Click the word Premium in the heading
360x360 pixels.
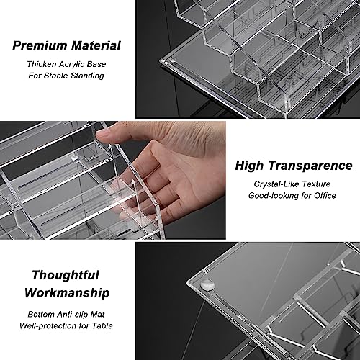[x=40, y=46]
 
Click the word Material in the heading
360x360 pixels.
[x=96, y=45]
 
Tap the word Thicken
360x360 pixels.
[x=42, y=64]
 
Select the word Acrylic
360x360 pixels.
[x=71, y=64]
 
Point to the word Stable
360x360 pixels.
[x=55, y=76]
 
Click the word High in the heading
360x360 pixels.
[x=249, y=166]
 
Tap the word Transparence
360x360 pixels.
[x=310, y=166]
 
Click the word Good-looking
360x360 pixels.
[x=274, y=196]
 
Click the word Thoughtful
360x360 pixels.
[x=66, y=275]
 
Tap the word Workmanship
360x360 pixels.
[x=67, y=293]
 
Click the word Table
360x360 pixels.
[x=102, y=325]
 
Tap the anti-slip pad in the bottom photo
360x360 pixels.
[x=207, y=284]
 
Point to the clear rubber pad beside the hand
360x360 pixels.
[x=75, y=158]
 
